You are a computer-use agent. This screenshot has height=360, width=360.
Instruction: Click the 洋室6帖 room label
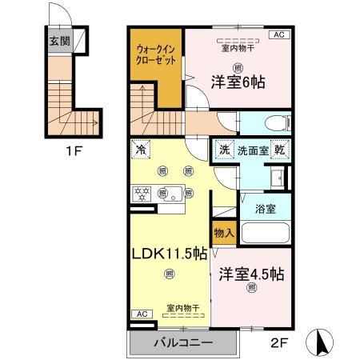pos(238,82)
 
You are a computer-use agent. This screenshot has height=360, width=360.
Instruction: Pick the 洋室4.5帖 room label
pos(250,274)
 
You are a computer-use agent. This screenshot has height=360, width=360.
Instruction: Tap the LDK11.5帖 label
pos(169,254)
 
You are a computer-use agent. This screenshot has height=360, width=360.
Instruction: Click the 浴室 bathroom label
pos(266,209)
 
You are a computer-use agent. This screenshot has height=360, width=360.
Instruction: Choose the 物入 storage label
pos(224,234)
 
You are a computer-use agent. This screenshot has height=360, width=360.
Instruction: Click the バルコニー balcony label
pos(183,342)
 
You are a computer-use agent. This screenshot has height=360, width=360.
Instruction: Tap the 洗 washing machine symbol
pos(225,150)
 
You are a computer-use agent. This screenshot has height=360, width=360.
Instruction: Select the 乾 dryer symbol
pos(282,150)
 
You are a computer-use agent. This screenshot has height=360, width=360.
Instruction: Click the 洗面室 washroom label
pos(253,150)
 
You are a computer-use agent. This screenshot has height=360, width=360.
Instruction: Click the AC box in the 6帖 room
pos(280,35)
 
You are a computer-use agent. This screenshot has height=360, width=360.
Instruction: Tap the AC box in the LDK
pos(141,314)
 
